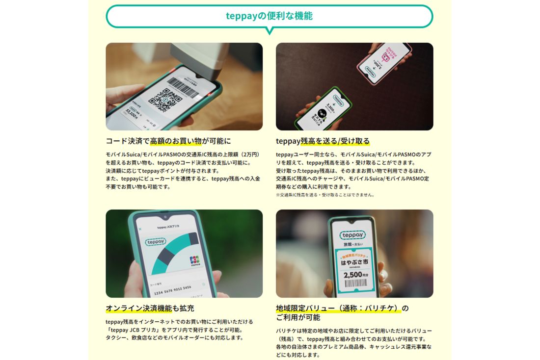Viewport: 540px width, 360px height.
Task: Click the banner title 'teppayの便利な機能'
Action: coord(269,16)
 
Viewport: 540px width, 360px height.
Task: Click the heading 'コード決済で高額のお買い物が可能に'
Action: coord(168,141)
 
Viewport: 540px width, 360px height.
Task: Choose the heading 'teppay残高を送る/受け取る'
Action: coord(323,141)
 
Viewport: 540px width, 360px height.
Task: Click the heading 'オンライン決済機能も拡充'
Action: coord(150,309)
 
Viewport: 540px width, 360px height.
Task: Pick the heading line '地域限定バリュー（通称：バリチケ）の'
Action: coord(342,309)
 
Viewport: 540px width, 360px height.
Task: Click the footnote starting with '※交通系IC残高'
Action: coord(325,195)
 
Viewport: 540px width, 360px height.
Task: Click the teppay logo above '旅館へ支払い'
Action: coord(352,235)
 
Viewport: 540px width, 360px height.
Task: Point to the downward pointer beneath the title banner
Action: coord(269,31)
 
